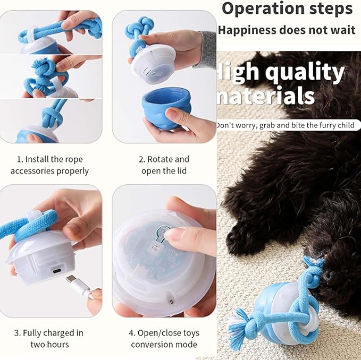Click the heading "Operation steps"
[x=287, y=9]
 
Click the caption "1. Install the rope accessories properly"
[x=49, y=165]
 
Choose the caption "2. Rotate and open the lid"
[x=164, y=165]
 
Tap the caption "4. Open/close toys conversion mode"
[x=164, y=339]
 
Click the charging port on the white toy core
[x=55, y=271]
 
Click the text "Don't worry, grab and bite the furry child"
[x=287, y=125]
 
